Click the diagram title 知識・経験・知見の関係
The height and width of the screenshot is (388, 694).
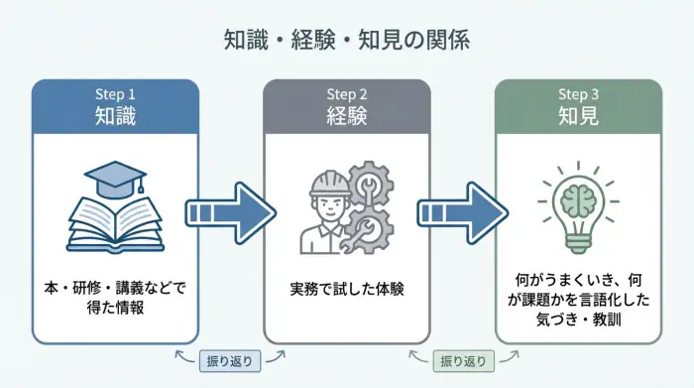pos(346,41)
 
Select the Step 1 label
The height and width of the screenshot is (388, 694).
pos(115,94)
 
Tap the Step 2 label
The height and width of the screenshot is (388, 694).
pos(347,94)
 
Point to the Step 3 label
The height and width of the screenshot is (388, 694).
pos(578,94)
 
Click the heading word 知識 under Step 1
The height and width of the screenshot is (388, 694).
pos(115,116)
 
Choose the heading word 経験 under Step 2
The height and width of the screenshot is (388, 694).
pos(347,116)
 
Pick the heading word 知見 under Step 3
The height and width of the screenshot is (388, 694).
pos(578,116)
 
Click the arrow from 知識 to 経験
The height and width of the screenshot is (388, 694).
pos(231,212)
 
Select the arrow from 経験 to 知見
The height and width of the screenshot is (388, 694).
pos(462,212)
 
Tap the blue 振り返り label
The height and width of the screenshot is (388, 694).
pos(230,360)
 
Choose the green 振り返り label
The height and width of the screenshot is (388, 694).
pos(462,360)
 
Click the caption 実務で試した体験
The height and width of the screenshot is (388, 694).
pos(346,290)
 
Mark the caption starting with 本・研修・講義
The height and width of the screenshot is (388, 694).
pos(115,290)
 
